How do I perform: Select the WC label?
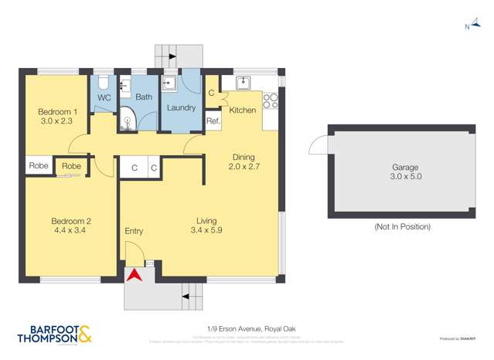(104, 97)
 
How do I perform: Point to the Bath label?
(144, 97)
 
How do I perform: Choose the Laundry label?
(181, 107)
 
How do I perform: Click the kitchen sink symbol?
(242, 82)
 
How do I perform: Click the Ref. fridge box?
(213, 121)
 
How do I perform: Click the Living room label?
(206, 219)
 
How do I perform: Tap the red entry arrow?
(136, 273)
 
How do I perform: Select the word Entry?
(134, 231)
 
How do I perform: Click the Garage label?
(405, 167)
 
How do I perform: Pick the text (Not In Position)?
(402, 226)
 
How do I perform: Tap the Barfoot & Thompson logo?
(54, 334)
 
